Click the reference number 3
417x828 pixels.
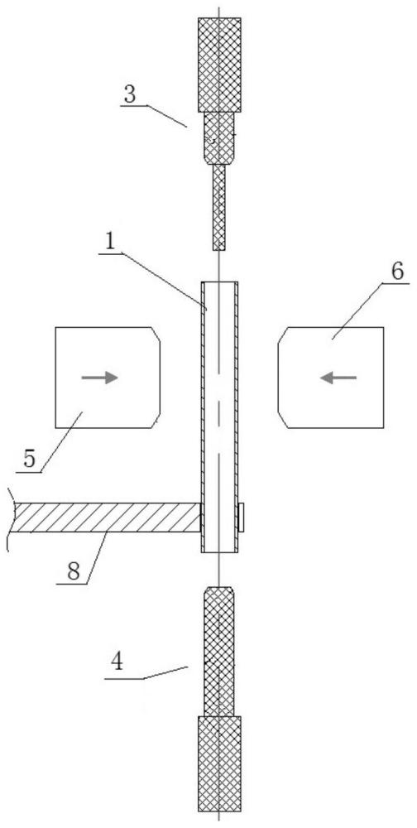pyautogui.click(x=130, y=94)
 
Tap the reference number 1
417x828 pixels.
pyautogui.click(x=109, y=241)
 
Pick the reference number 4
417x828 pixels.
pyautogui.click(x=118, y=662)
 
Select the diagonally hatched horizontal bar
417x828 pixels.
pyautogui.click(x=106, y=517)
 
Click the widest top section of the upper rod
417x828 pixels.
pyautogui.click(x=219, y=65)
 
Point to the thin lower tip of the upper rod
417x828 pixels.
pyautogui.click(x=219, y=207)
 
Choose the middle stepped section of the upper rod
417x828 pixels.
pyautogui.click(x=219, y=138)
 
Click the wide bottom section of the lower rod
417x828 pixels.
pyautogui.click(x=219, y=763)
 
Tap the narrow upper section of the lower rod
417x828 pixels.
pyautogui.click(x=219, y=651)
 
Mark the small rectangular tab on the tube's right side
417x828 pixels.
pyautogui.click(x=241, y=517)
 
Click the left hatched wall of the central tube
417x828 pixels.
pyautogui.click(x=204, y=417)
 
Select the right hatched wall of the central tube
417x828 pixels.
pyautogui.click(x=236, y=417)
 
